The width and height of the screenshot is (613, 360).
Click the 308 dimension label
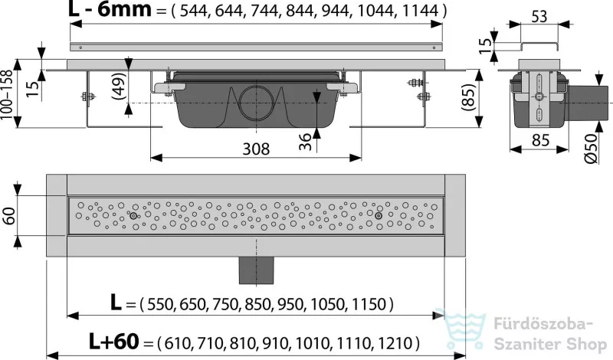tap(256, 149)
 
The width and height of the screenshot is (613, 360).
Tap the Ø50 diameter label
tap(591, 149)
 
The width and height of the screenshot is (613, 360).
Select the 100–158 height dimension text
tap(7, 94)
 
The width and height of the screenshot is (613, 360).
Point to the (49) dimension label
tap(119, 87)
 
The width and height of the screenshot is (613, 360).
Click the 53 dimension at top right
tap(539, 17)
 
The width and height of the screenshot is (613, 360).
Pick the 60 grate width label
tap(8, 215)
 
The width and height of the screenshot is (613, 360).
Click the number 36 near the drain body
tap(305, 142)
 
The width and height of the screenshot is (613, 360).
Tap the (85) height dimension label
tap(469, 98)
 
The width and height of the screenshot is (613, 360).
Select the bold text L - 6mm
tap(110, 9)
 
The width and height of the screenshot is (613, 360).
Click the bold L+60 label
tap(113, 342)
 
